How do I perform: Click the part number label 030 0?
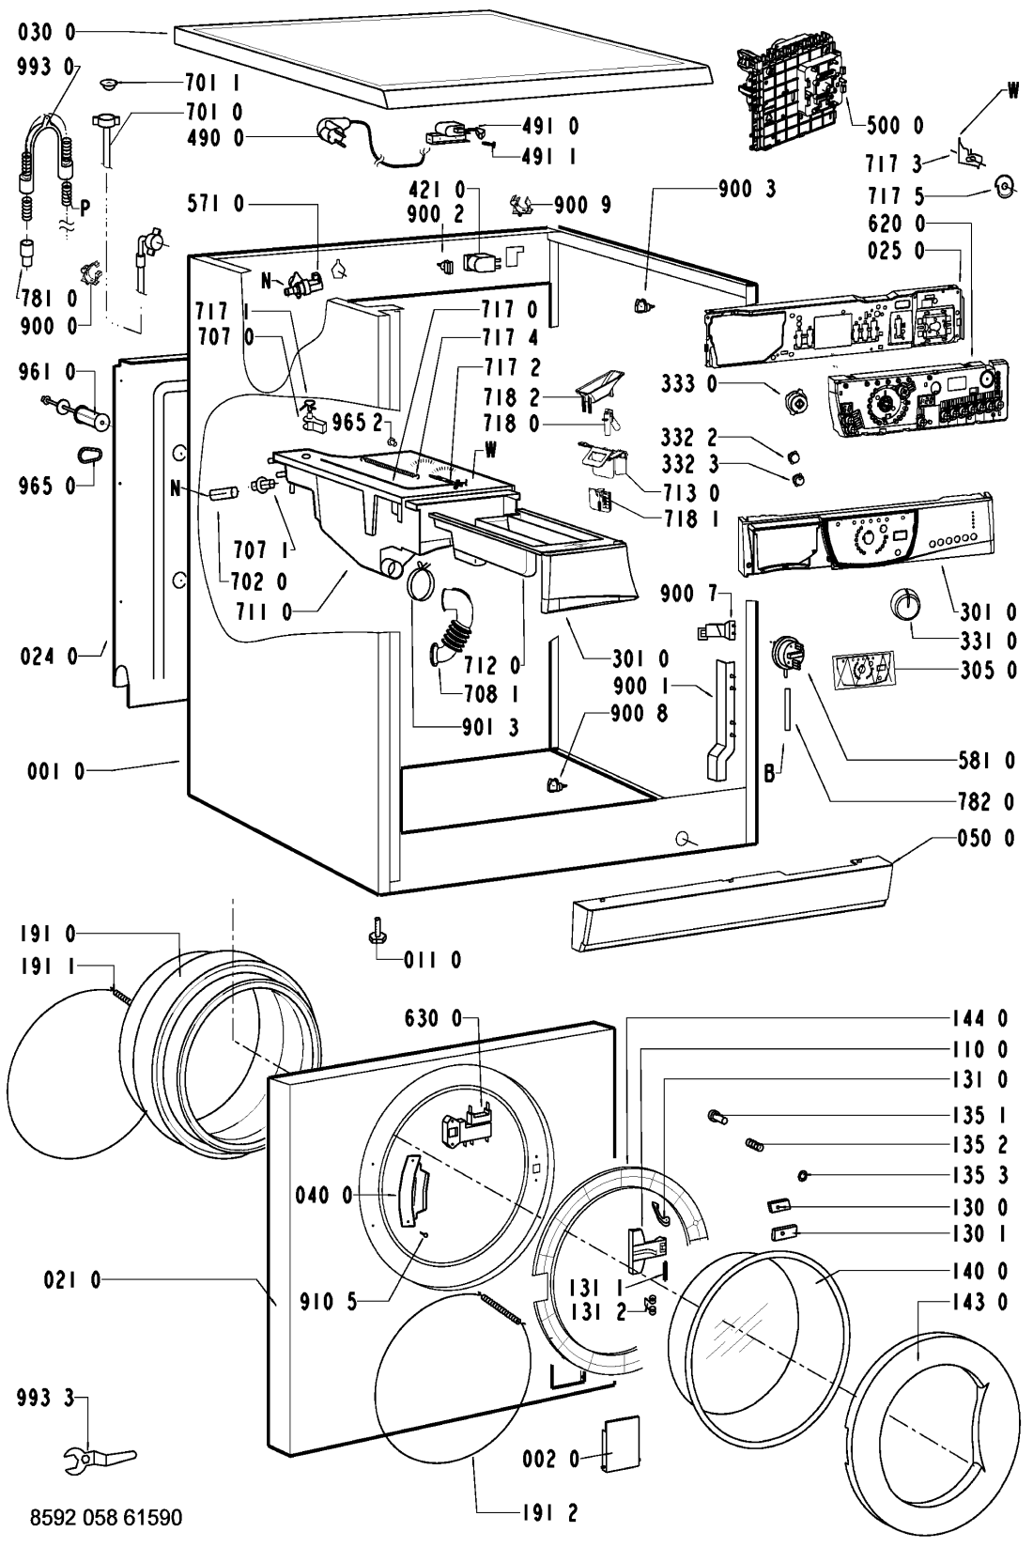[46, 33]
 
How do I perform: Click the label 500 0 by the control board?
[895, 125]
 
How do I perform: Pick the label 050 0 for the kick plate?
[986, 839]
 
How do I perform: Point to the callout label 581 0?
[987, 761]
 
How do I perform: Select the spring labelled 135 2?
[755, 1144]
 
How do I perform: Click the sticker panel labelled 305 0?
[864, 671]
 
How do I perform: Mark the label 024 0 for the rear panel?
[49, 657]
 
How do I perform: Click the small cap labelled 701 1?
[111, 85]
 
